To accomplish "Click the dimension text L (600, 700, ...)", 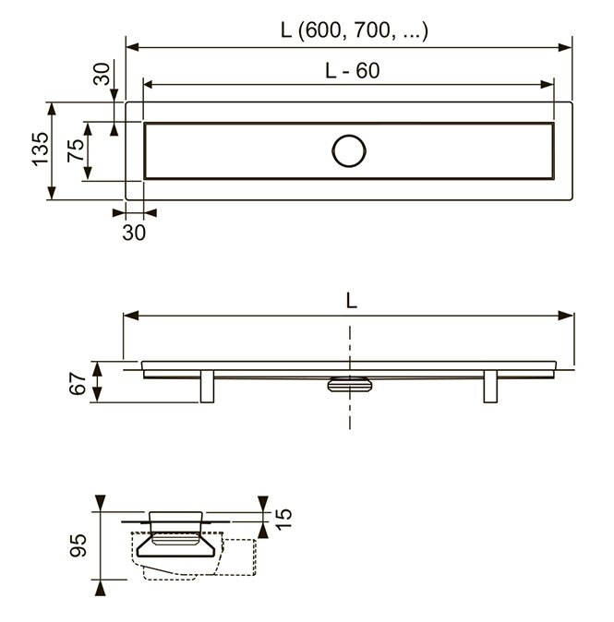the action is [x=354, y=30].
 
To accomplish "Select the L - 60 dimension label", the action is [x=353, y=71].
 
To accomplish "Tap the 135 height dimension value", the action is [x=41, y=150].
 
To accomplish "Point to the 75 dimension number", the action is [x=76, y=150].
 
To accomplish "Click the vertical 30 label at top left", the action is [x=102, y=74].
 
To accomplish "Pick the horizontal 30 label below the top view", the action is [x=134, y=233].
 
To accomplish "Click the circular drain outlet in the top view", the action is [x=349, y=150].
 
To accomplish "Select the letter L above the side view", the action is [x=351, y=300].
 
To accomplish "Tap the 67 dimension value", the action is [x=78, y=384].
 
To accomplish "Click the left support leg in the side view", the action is [x=207, y=387].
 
